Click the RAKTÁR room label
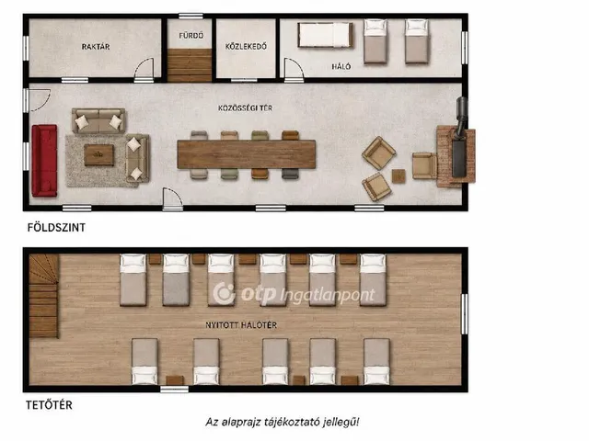pos(96,47)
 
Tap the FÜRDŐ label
pos(191,36)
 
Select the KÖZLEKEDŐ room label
pos(246,46)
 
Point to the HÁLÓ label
pos(341,66)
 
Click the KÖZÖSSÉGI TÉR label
pos(246,108)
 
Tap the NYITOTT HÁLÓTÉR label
pos(241,324)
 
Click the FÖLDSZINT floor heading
pos(56,228)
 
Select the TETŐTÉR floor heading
pos(49,405)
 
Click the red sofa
pos(44,161)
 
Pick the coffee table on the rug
pos(98,155)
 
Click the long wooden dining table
pos(247,154)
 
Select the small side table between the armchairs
pos(398,175)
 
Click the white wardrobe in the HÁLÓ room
pos(325,35)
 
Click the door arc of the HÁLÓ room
pos(294,68)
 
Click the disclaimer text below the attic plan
pos(283,423)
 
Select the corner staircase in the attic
pos(44,296)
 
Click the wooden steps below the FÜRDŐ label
pos(190,65)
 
